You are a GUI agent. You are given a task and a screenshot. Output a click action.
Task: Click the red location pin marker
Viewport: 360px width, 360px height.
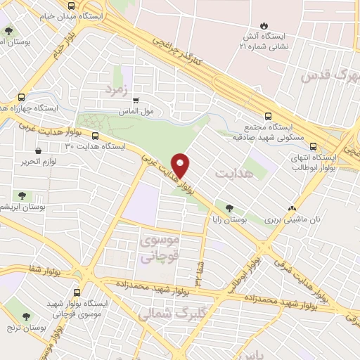pyautogui.click(x=181, y=165)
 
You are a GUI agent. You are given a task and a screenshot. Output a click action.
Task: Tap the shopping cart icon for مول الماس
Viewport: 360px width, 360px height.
pyautogui.click(x=136, y=100)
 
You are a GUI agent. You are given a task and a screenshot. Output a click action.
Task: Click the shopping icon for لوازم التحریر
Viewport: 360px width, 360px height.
pyautogui.click(x=37, y=150)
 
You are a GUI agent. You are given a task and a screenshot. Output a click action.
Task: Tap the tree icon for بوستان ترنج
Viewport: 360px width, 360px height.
pyautogui.click(x=27, y=317)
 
